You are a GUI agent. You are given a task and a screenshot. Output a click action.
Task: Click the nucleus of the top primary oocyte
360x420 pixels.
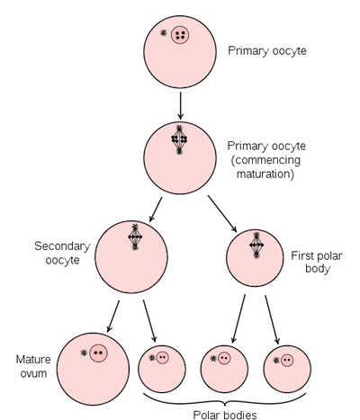(x=180, y=35)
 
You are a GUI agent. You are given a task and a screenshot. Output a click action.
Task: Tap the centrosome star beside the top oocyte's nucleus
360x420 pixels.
(x=164, y=32)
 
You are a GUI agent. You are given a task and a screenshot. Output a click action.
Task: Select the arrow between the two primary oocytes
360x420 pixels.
(x=180, y=105)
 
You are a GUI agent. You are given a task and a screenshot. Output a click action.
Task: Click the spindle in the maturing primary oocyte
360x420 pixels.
(x=179, y=139)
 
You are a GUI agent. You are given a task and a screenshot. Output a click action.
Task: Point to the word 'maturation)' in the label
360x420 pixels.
(x=265, y=174)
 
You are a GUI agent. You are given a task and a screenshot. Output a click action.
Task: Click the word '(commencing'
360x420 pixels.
(x=265, y=160)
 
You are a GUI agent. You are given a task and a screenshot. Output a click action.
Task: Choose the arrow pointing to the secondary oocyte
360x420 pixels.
(x=156, y=210)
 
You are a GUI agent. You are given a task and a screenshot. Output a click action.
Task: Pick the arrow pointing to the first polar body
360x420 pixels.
(x=222, y=214)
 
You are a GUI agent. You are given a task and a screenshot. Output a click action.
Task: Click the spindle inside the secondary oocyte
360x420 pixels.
(x=135, y=237)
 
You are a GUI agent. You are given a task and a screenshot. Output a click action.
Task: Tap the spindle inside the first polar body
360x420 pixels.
(x=256, y=246)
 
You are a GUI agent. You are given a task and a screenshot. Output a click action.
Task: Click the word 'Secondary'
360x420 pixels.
(x=62, y=246)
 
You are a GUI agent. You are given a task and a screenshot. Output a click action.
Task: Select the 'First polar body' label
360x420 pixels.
(x=317, y=262)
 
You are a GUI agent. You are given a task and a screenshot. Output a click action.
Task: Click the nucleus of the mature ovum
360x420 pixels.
(x=98, y=353)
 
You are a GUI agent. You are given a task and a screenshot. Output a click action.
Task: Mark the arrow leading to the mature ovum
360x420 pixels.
(x=113, y=317)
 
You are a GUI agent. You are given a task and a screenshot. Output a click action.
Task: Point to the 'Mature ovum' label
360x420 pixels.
(x=33, y=366)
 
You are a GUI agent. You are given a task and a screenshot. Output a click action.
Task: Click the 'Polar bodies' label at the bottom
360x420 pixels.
(x=225, y=415)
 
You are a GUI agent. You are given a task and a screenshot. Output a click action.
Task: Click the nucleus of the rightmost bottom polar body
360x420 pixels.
(x=287, y=359)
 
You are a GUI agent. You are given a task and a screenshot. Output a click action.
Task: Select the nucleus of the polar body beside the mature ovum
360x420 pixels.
(x=163, y=357)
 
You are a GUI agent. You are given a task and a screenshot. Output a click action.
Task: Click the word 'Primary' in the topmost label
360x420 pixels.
(x=248, y=50)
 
